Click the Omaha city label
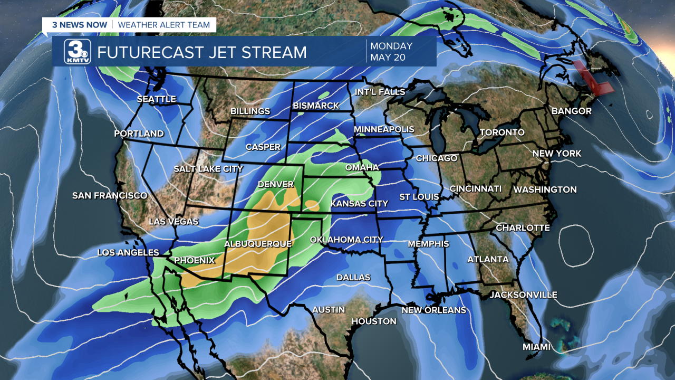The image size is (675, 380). [x=362, y=167]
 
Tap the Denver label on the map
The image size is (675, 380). [x=275, y=184]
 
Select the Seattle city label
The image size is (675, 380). [x=156, y=99]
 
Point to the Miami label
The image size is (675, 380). [x=536, y=347]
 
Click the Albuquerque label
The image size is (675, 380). [x=257, y=244]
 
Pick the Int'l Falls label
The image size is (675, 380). [x=380, y=92]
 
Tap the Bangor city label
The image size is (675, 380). [x=571, y=111]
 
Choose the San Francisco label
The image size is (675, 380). [x=110, y=196]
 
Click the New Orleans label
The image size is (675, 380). [x=433, y=310]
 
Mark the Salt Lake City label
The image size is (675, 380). [x=208, y=169]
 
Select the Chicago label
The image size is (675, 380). [x=436, y=158]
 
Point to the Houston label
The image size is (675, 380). [x=373, y=321]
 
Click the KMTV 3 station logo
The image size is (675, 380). [x=78, y=52]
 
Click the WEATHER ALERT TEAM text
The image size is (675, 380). [x=163, y=25]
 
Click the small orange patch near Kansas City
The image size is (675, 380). [x=311, y=205]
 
